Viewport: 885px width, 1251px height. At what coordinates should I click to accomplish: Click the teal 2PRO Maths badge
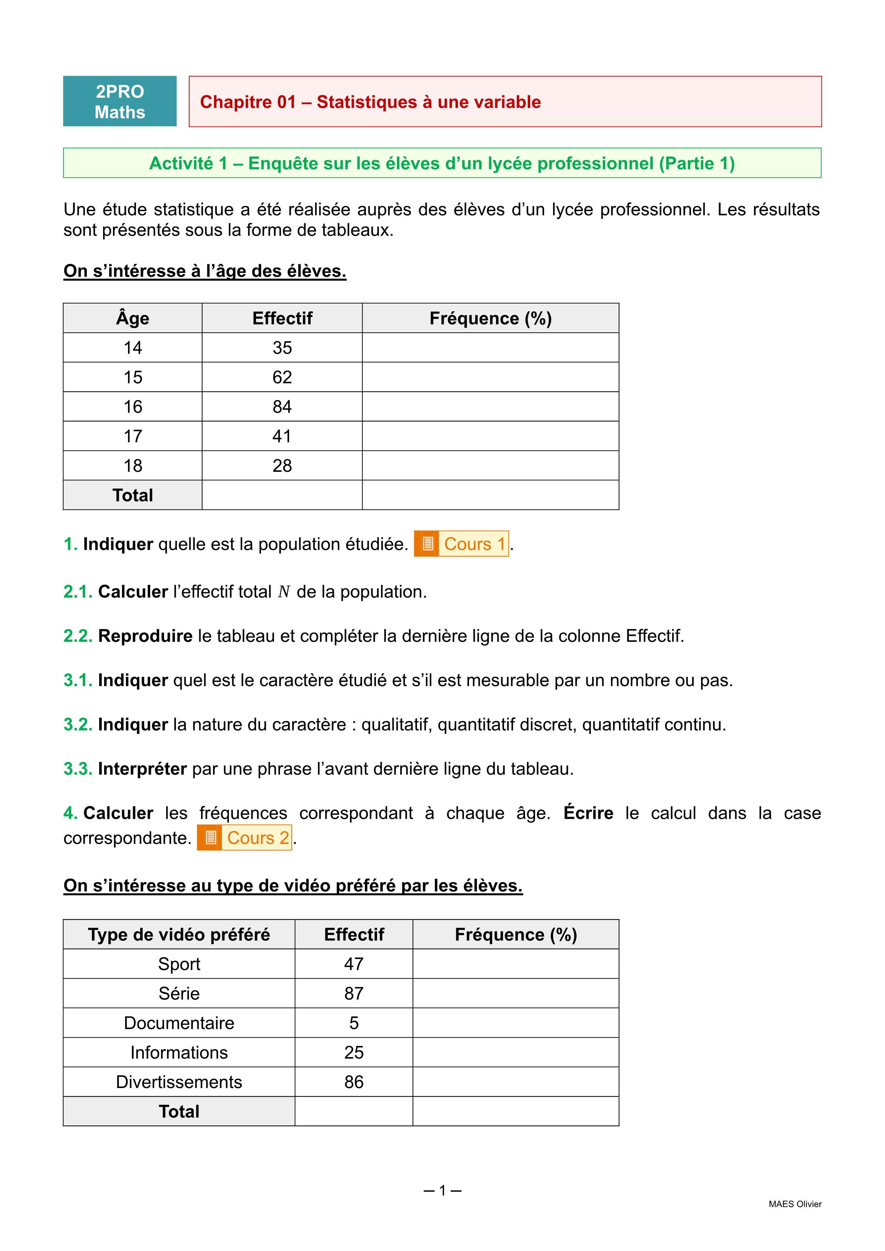[x=120, y=101]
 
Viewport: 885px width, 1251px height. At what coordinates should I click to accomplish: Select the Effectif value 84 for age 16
[x=282, y=407]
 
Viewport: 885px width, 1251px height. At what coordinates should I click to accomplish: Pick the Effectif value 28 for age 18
[x=282, y=465]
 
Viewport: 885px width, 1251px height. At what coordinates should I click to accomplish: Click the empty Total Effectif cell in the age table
[x=282, y=495]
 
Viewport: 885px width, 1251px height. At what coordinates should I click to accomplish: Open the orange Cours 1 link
[x=462, y=544]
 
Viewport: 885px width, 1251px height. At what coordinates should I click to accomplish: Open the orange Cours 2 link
[x=245, y=837]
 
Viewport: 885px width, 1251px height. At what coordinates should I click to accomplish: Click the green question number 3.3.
[x=77, y=769]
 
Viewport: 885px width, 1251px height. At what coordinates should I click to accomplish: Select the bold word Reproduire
[x=145, y=636]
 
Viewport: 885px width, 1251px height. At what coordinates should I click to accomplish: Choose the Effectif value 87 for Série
[x=354, y=993]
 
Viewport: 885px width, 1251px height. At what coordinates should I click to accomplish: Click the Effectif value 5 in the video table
[x=354, y=1023]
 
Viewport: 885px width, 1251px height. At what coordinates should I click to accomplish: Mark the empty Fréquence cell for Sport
[x=515, y=964]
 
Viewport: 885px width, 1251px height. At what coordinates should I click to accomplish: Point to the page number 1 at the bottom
[x=442, y=1190]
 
